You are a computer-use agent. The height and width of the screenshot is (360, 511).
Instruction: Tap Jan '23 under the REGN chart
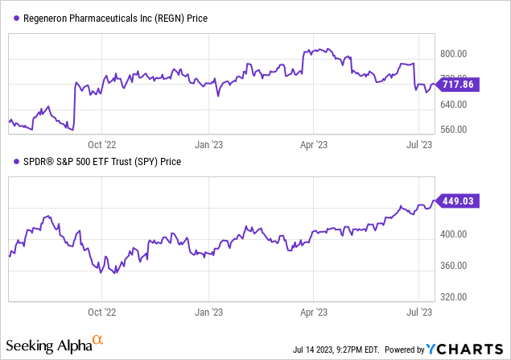pyautogui.click(x=209, y=145)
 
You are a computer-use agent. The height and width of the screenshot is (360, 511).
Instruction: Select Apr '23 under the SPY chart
pyautogui.click(x=312, y=310)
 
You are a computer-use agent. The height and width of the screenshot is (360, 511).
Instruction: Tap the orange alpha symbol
pyautogui.click(x=97, y=342)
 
